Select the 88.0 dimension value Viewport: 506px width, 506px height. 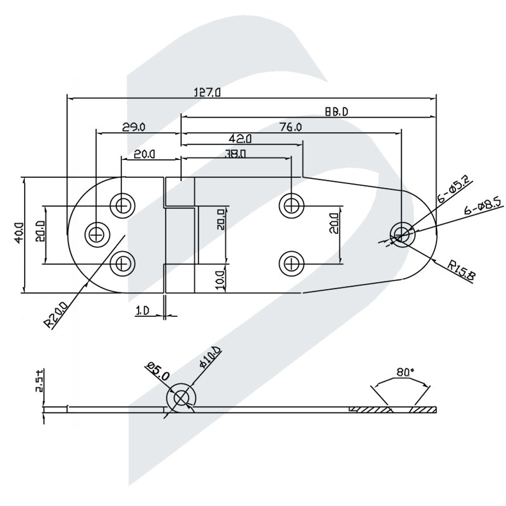click(x=336, y=112)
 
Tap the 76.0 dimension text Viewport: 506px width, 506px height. click(x=290, y=127)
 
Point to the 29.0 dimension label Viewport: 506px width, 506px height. click(x=133, y=127)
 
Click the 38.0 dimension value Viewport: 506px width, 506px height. click(x=235, y=153)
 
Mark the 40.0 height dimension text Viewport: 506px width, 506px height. click(x=18, y=233)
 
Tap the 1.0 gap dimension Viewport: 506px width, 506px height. click(x=142, y=311)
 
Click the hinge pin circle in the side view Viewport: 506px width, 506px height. click(x=182, y=398)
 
